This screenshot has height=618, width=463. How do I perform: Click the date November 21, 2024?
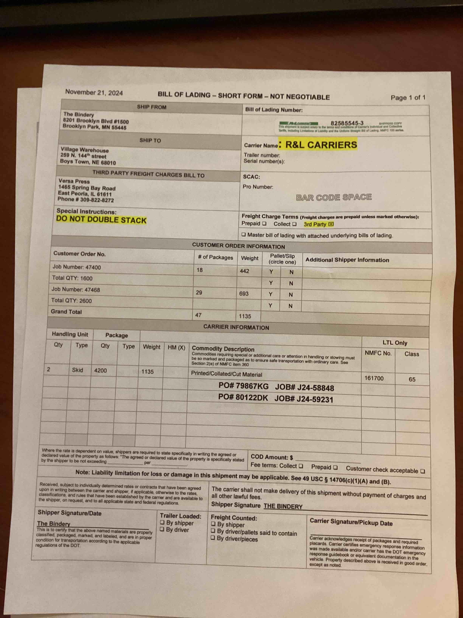[94, 92]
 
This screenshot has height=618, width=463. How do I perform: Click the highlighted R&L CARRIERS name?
[321, 144]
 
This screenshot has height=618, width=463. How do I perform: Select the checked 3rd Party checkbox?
[331, 224]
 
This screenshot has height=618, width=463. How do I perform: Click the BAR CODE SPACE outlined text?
[334, 197]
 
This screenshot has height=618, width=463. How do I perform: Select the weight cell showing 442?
[245, 271]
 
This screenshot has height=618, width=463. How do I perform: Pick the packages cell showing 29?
[199, 293]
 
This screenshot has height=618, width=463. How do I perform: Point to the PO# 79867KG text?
[243, 386]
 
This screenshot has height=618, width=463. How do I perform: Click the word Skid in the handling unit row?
[77, 370]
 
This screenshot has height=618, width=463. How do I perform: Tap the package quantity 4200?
[100, 371]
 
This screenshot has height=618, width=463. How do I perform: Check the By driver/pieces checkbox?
[213, 538]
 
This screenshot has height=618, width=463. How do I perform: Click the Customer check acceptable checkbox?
[423, 471]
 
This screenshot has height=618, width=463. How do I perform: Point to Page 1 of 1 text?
[408, 98]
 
